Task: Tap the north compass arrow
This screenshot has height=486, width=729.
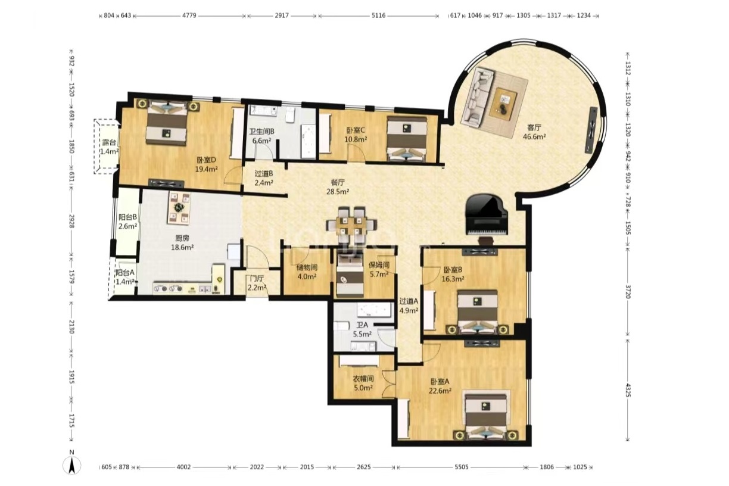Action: (x=72, y=464)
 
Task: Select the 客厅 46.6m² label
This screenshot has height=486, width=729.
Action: (x=534, y=132)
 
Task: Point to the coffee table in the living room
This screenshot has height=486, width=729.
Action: (x=503, y=102)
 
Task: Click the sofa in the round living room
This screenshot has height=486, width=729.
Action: (x=478, y=97)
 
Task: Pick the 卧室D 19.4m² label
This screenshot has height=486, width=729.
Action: (x=206, y=164)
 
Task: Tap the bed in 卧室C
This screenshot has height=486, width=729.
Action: (x=407, y=139)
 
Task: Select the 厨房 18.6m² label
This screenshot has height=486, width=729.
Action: (x=182, y=243)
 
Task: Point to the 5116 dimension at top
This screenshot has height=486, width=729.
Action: (x=378, y=15)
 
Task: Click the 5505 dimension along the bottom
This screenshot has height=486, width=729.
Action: (x=461, y=467)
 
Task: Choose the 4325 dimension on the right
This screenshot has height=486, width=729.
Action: (x=628, y=390)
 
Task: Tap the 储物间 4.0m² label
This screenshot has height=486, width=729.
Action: (x=307, y=272)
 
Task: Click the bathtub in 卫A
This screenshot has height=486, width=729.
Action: (x=373, y=310)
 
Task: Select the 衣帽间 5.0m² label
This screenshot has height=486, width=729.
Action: (x=363, y=383)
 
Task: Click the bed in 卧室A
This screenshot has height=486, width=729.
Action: (x=485, y=418)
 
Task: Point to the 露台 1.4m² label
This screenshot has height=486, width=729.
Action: (x=109, y=147)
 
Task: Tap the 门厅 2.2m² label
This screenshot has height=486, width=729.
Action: (x=257, y=283)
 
